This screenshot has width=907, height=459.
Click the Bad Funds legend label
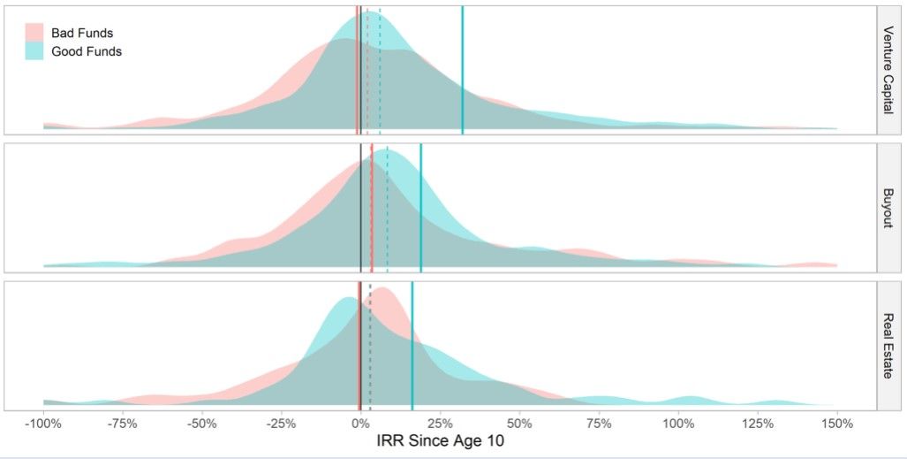point(82,34)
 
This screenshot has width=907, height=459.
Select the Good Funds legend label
point(86,51)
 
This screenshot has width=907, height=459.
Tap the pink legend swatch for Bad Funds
point(34,34)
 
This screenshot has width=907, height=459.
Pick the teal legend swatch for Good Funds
point(34,51)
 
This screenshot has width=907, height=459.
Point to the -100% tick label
point(42,423)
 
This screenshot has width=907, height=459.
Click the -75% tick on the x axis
point(123,423)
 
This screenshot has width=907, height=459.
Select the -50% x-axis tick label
point(202,423)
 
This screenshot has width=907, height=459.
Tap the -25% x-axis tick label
point(281,423)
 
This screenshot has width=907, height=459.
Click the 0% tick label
point(360,423)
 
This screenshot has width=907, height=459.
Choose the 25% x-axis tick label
point(440,423)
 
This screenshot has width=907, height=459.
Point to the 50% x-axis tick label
point(519,423)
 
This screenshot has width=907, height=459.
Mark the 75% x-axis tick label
point(599,423)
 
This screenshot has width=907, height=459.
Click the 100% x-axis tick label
point(678,423)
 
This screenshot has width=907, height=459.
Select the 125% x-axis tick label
point(758,423)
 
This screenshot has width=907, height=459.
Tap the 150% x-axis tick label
point(837,423)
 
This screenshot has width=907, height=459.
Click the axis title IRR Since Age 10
point(440,440)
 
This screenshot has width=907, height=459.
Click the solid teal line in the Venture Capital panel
point(462,71)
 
